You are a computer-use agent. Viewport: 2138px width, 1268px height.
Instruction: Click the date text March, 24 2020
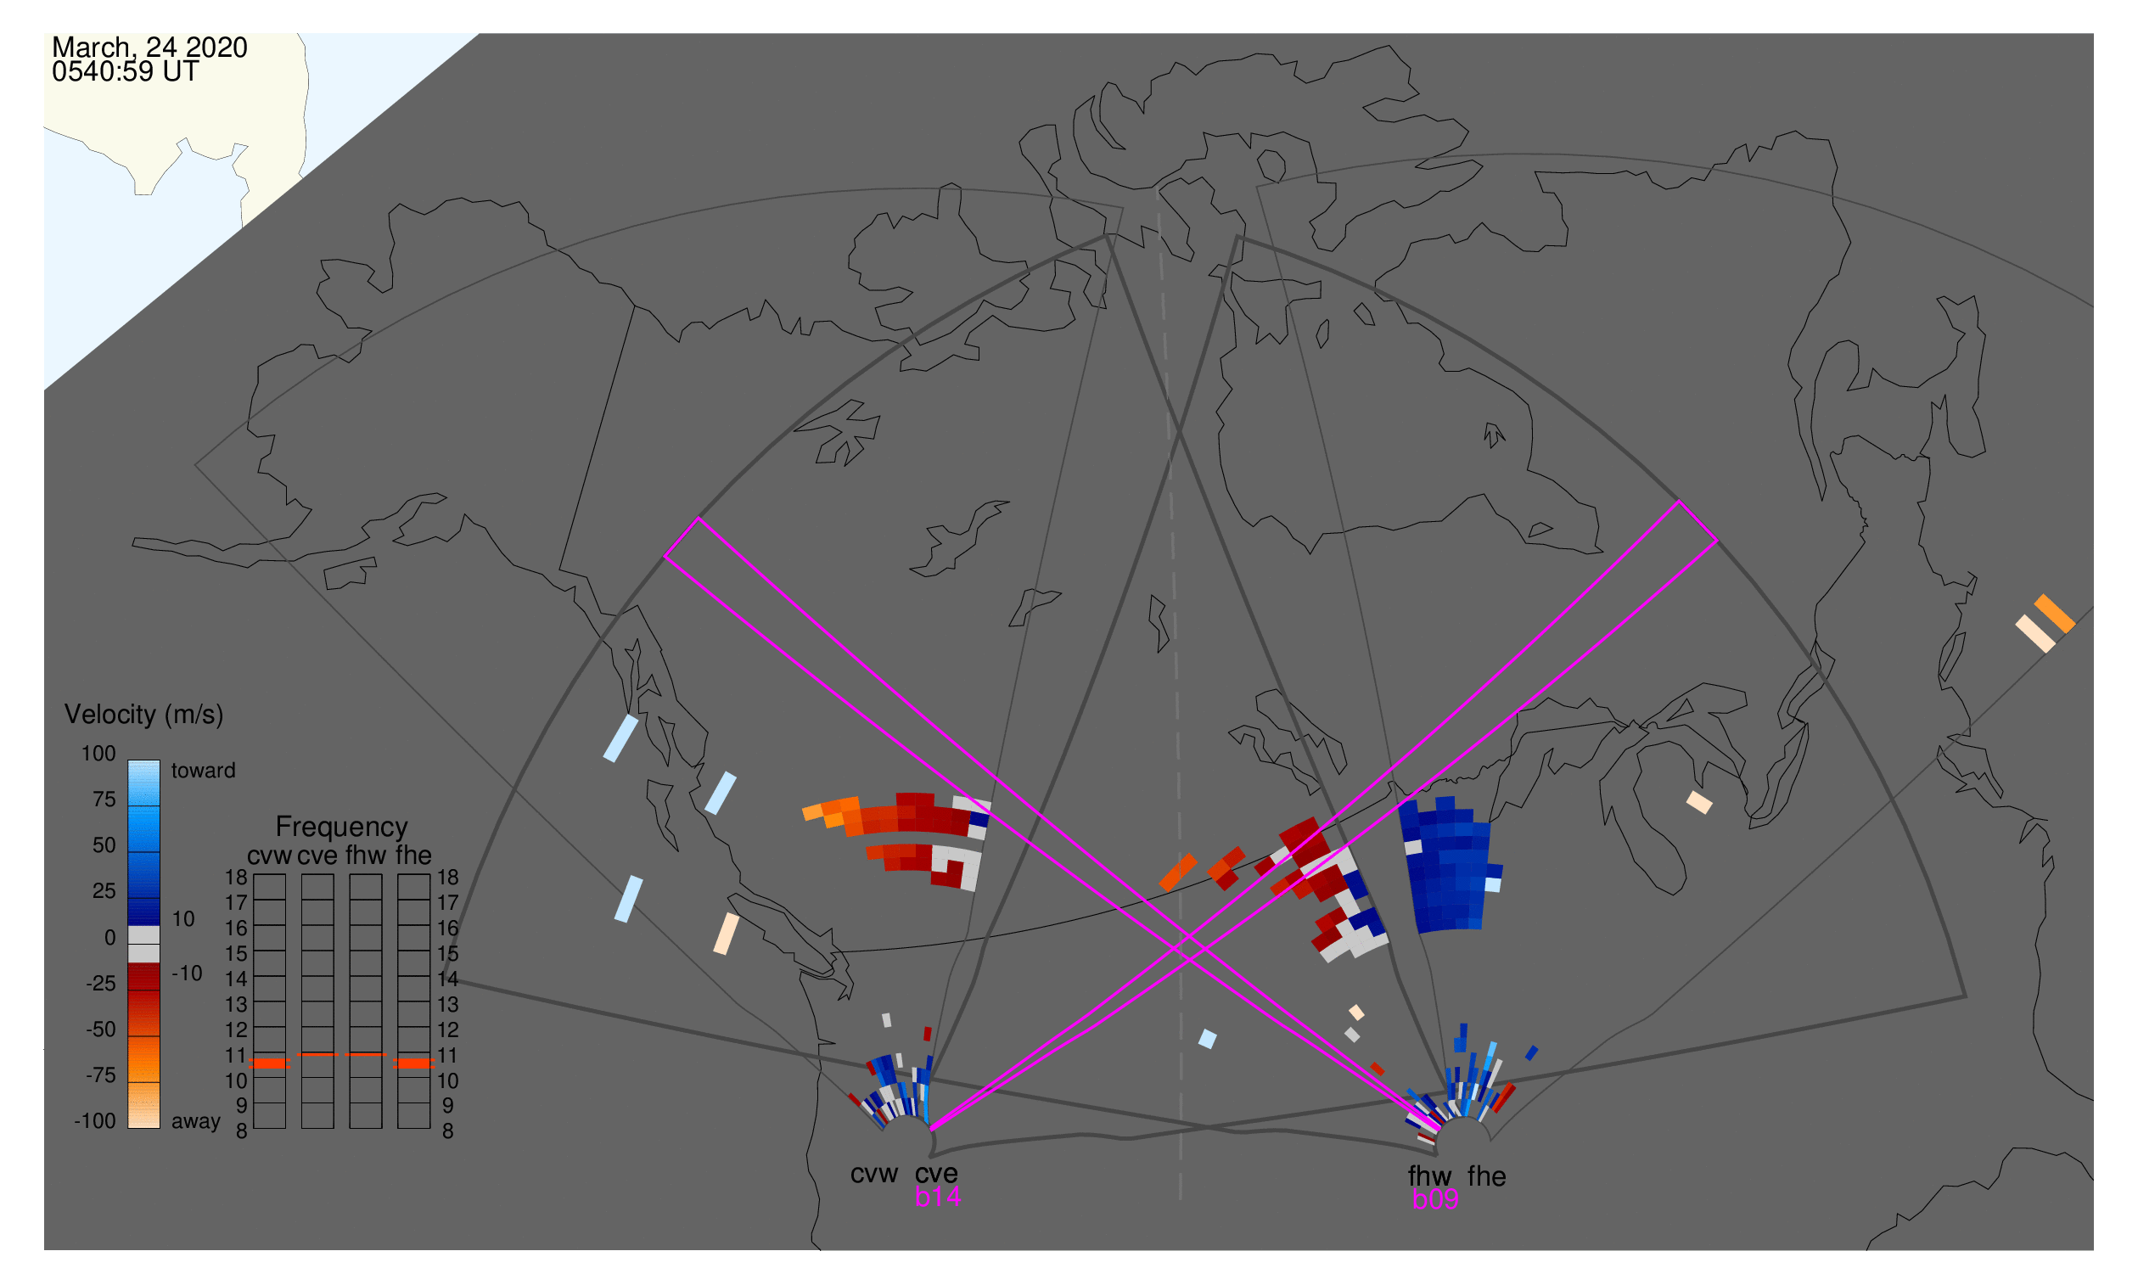click(x=149, y=48)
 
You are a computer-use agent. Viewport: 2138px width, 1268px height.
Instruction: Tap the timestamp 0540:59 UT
click(x=125, y=72)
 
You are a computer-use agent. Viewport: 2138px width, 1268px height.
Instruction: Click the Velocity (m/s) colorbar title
click(x=144, y=715)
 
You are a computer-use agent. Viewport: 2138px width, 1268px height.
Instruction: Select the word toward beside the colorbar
click(x=204, y=771)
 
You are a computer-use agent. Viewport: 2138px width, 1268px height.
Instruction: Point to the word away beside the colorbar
click(x=196, y=1123)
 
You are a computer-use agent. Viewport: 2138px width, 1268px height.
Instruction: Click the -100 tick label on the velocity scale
click(x=95, y=1122)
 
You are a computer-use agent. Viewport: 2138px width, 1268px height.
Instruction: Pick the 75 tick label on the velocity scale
click(x=104, y=800)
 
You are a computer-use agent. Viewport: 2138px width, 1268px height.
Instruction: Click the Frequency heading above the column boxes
click(x=342, y=828)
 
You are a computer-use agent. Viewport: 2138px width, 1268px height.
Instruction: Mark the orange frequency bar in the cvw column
click(x=270, y=1064)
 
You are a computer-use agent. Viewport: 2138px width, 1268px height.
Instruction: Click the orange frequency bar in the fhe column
click(x=414, y=1064)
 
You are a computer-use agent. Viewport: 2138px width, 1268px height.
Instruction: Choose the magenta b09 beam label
click(x=1435, y=1200)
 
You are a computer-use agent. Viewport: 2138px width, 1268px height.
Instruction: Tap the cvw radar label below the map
click(x=874, y=1175)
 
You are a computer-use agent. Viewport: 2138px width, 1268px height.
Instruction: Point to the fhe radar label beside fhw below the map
click(x=1487, y=1177)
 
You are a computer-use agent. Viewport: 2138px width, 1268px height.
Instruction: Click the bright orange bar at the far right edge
click(x=2055, y=614)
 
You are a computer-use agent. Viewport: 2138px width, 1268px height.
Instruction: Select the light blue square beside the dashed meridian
click(x=1208, y=1039)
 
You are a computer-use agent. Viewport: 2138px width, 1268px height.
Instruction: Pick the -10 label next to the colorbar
click(x=187, y=974)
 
